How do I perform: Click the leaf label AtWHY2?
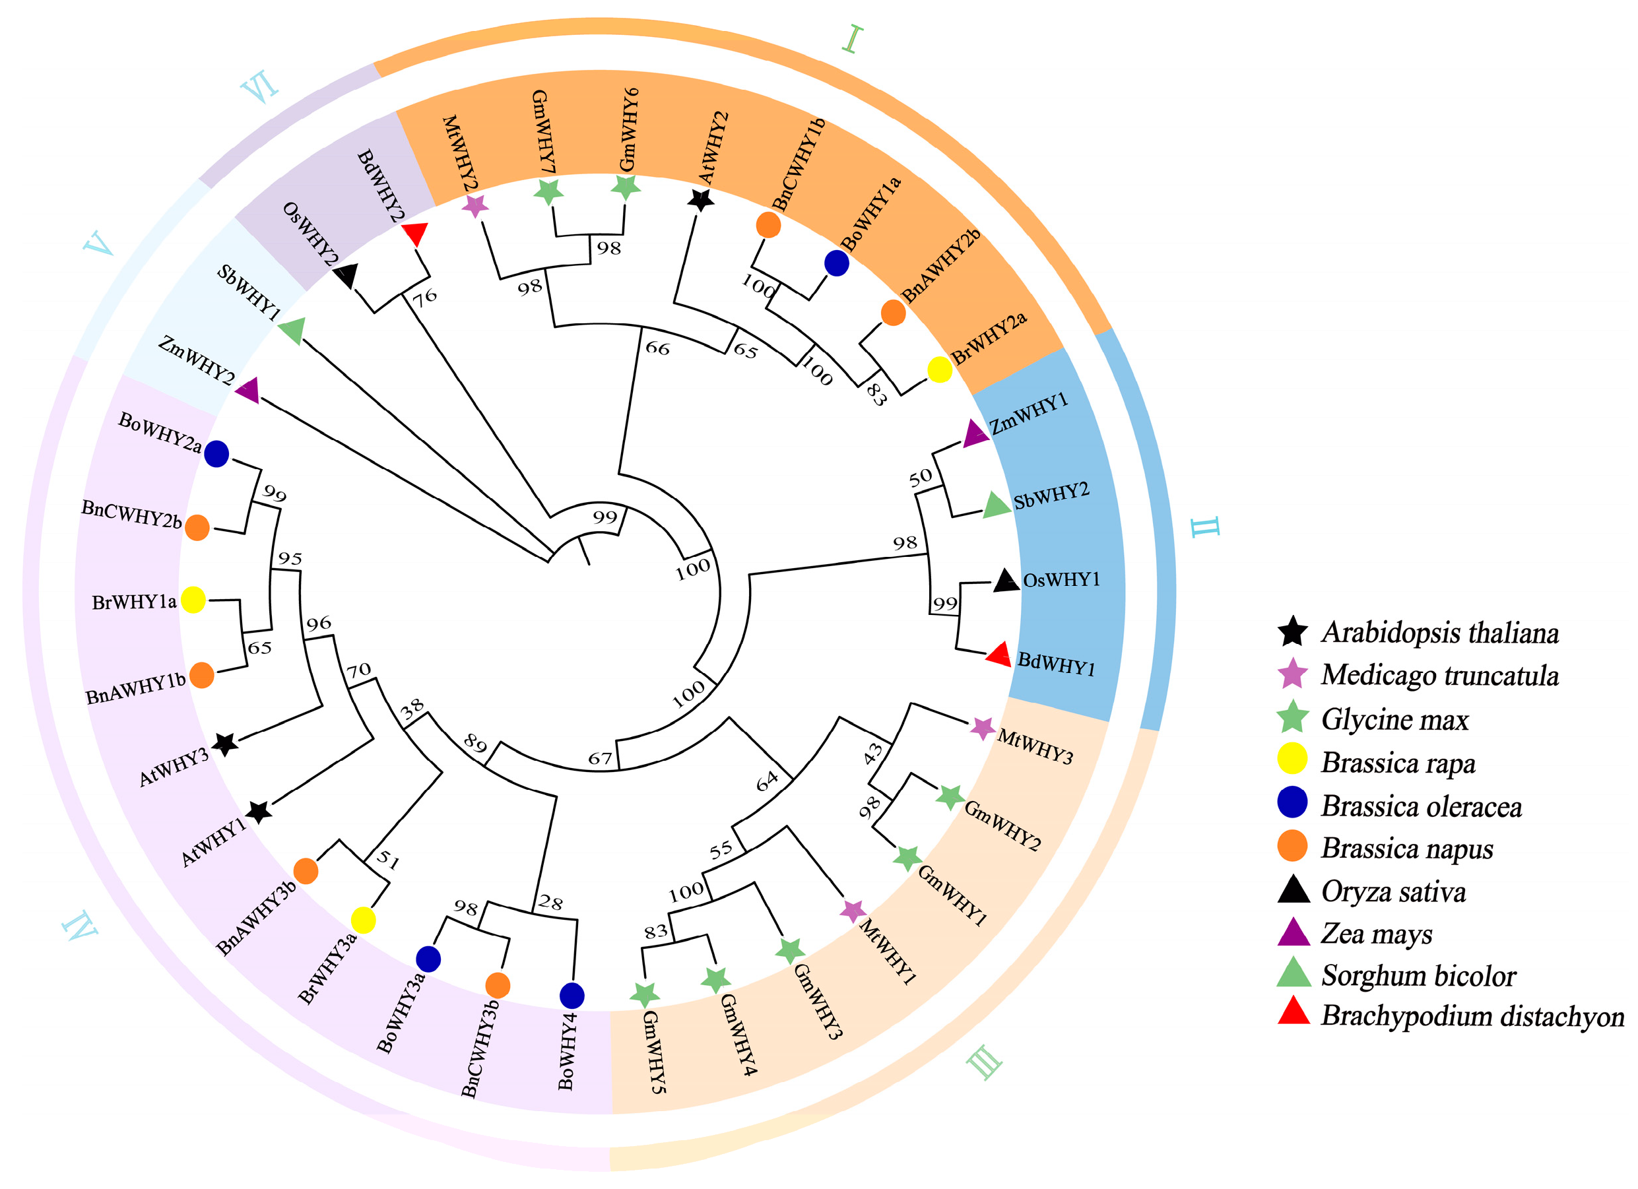[x=713, y=148]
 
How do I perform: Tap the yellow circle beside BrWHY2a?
[x=939, y=370]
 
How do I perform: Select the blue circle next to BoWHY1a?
[x=836, y=263]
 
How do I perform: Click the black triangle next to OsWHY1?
[x=1005, y=581]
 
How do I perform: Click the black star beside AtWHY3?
[x=224, y=743]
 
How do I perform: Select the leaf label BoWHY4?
[x=568, y=1051]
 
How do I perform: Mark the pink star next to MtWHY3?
[x=981, y=728]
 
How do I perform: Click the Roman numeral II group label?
[x=1205, y=527]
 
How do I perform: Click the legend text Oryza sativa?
[x=1393, y=892]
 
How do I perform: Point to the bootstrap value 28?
[x=550, y=903]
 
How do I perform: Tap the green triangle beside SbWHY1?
[x=292, y=331]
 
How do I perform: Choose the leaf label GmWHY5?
[x=654, y=1051]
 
